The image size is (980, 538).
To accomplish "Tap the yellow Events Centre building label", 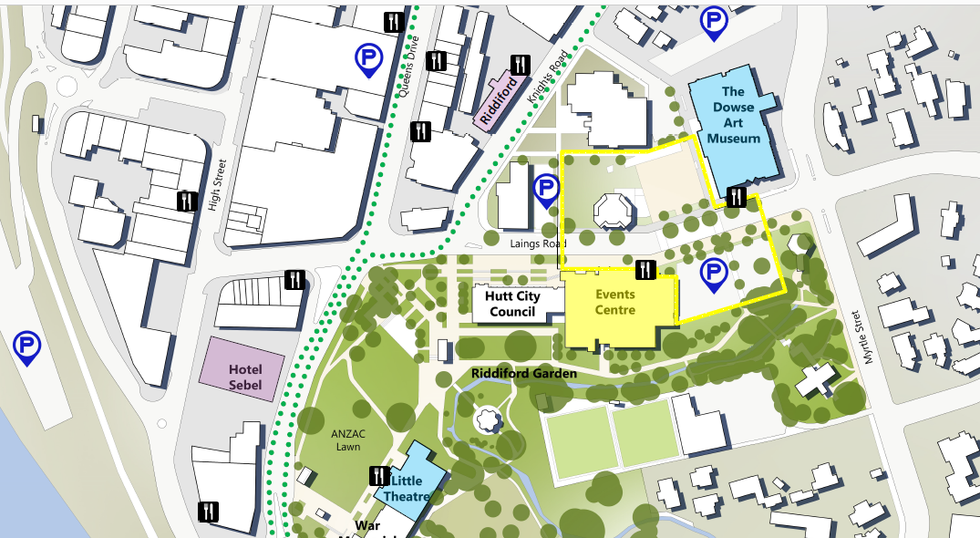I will [614, 303].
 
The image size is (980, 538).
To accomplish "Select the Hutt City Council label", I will [512, 305].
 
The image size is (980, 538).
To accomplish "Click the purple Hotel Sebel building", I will [245, 377].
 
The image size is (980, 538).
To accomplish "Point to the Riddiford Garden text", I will [524, 374].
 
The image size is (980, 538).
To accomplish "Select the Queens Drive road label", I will [410, 74].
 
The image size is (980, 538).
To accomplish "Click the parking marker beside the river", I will [27, 346].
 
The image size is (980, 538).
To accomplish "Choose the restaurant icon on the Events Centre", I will [645, 268].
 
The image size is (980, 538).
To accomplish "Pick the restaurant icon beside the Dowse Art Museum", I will [737, 196].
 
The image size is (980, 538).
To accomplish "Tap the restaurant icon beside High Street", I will [187, 201].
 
